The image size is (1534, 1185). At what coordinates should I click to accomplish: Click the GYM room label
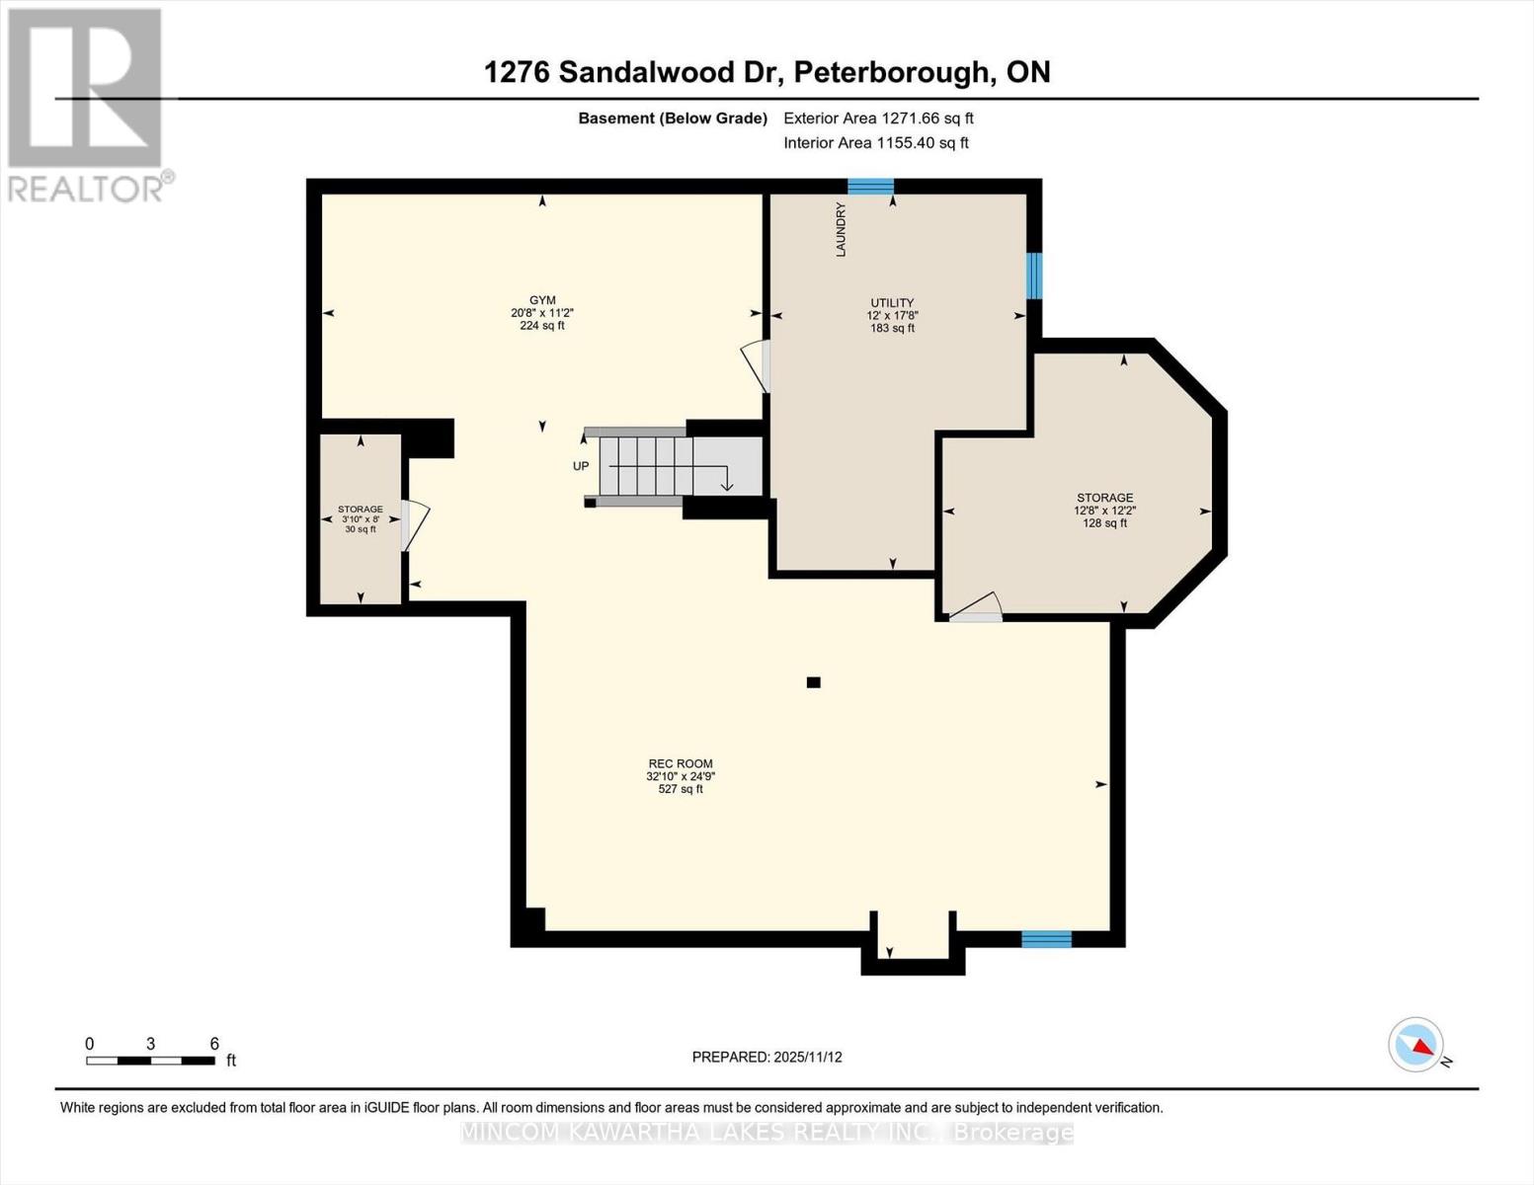tap(542, 300)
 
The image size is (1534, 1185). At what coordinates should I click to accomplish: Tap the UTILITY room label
tap(891, 303)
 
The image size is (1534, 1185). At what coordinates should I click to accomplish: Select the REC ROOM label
tap(680, 763)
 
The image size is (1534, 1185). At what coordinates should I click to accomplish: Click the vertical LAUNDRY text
tap(841, 230)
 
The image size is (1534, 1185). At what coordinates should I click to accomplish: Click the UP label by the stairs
tap(581, 466)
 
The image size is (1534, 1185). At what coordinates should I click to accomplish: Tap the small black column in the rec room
tap(813, 682)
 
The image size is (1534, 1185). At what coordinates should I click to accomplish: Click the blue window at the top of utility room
tap(870, 187)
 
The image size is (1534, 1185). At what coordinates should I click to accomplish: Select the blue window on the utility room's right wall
tap(1033, 276)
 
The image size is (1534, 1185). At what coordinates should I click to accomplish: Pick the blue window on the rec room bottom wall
tap(1046, 939)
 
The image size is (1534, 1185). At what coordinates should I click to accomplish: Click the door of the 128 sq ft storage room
tap(976, 608)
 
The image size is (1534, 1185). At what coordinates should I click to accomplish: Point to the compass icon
tap(1416, 1045)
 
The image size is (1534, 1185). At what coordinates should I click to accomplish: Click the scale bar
tap(150, 1061)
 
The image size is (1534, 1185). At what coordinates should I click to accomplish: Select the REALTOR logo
tap(87, 105)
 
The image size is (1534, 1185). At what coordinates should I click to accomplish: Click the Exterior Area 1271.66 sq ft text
tap(878, 118)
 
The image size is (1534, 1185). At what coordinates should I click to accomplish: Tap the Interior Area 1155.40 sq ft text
tap(875, 142)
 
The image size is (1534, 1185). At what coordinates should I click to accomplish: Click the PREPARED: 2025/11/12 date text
tap(767, 1057)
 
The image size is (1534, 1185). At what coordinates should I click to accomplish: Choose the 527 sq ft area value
tap(680, 789)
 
